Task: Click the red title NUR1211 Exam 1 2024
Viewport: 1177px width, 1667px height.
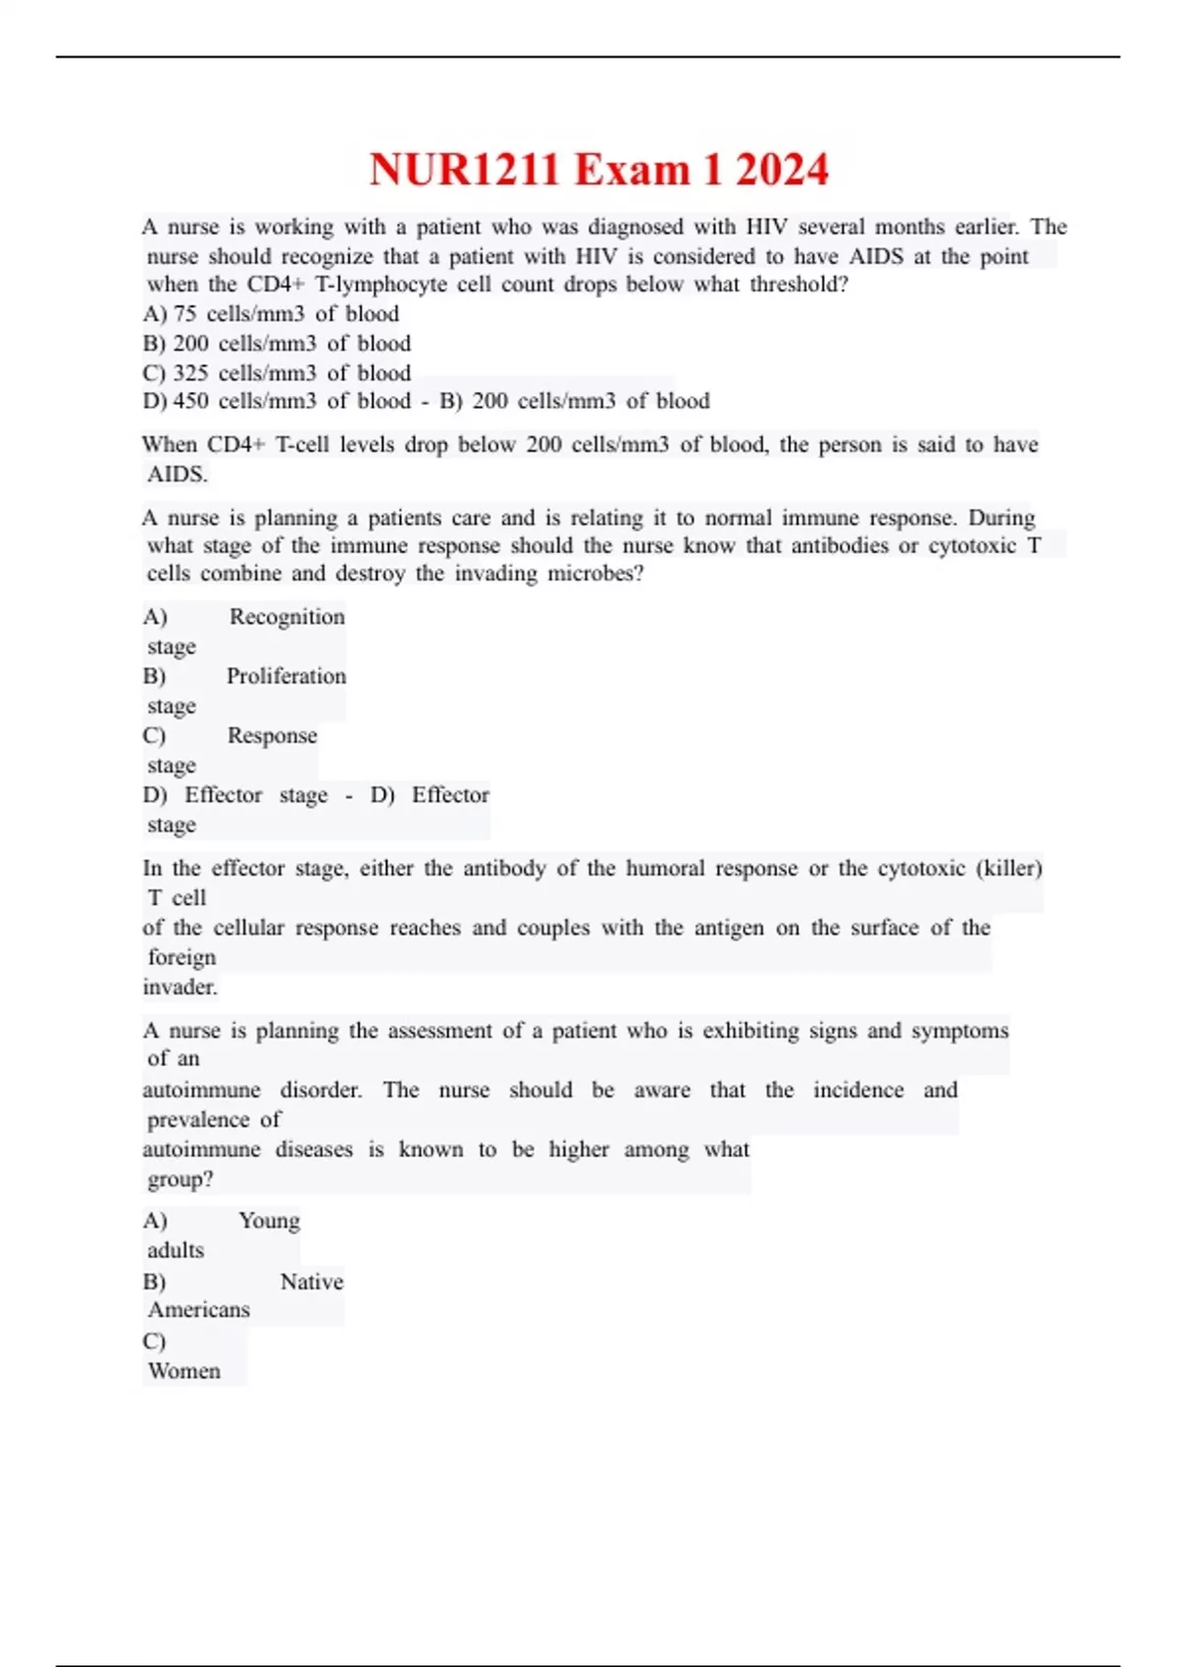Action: pyautogui.click(x=598, y=170)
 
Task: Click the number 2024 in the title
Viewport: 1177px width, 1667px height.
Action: pyautogui.click(x=782, y=170)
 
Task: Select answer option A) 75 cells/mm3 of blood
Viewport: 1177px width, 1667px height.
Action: pyautogui.click(x=271, y=314)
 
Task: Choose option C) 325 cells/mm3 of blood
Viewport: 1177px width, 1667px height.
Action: pyautogui.click(x=277, y=373)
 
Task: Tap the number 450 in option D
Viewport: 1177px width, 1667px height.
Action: pyautogui.click(x=190, y=401)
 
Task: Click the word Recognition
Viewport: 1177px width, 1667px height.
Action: pyautogui.click(x=286, y=617)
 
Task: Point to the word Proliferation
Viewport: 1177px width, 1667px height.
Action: pyautogui.click(x=285, y=676)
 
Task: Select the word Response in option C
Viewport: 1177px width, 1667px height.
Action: pyautogui.click(x=272, y=735)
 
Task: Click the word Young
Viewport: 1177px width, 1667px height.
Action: pyautogui.click(x=269, y=1221)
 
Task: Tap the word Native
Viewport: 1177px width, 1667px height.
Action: pyautogui.click(x=311, y=1282)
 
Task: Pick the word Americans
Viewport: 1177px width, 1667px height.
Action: pyautogui.click(x=198, y=1310)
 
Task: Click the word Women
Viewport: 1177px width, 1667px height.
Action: pyautogui.click(x=183, y=1371)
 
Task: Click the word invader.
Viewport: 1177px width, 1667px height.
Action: pyautogui.click(x=179, y=987)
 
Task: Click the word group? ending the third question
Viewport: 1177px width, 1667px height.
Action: pyautogui.click(x=179, y=1180)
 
